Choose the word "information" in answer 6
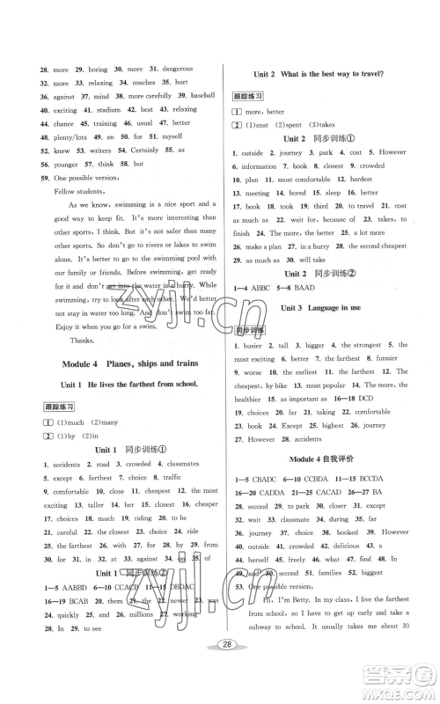259,165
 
